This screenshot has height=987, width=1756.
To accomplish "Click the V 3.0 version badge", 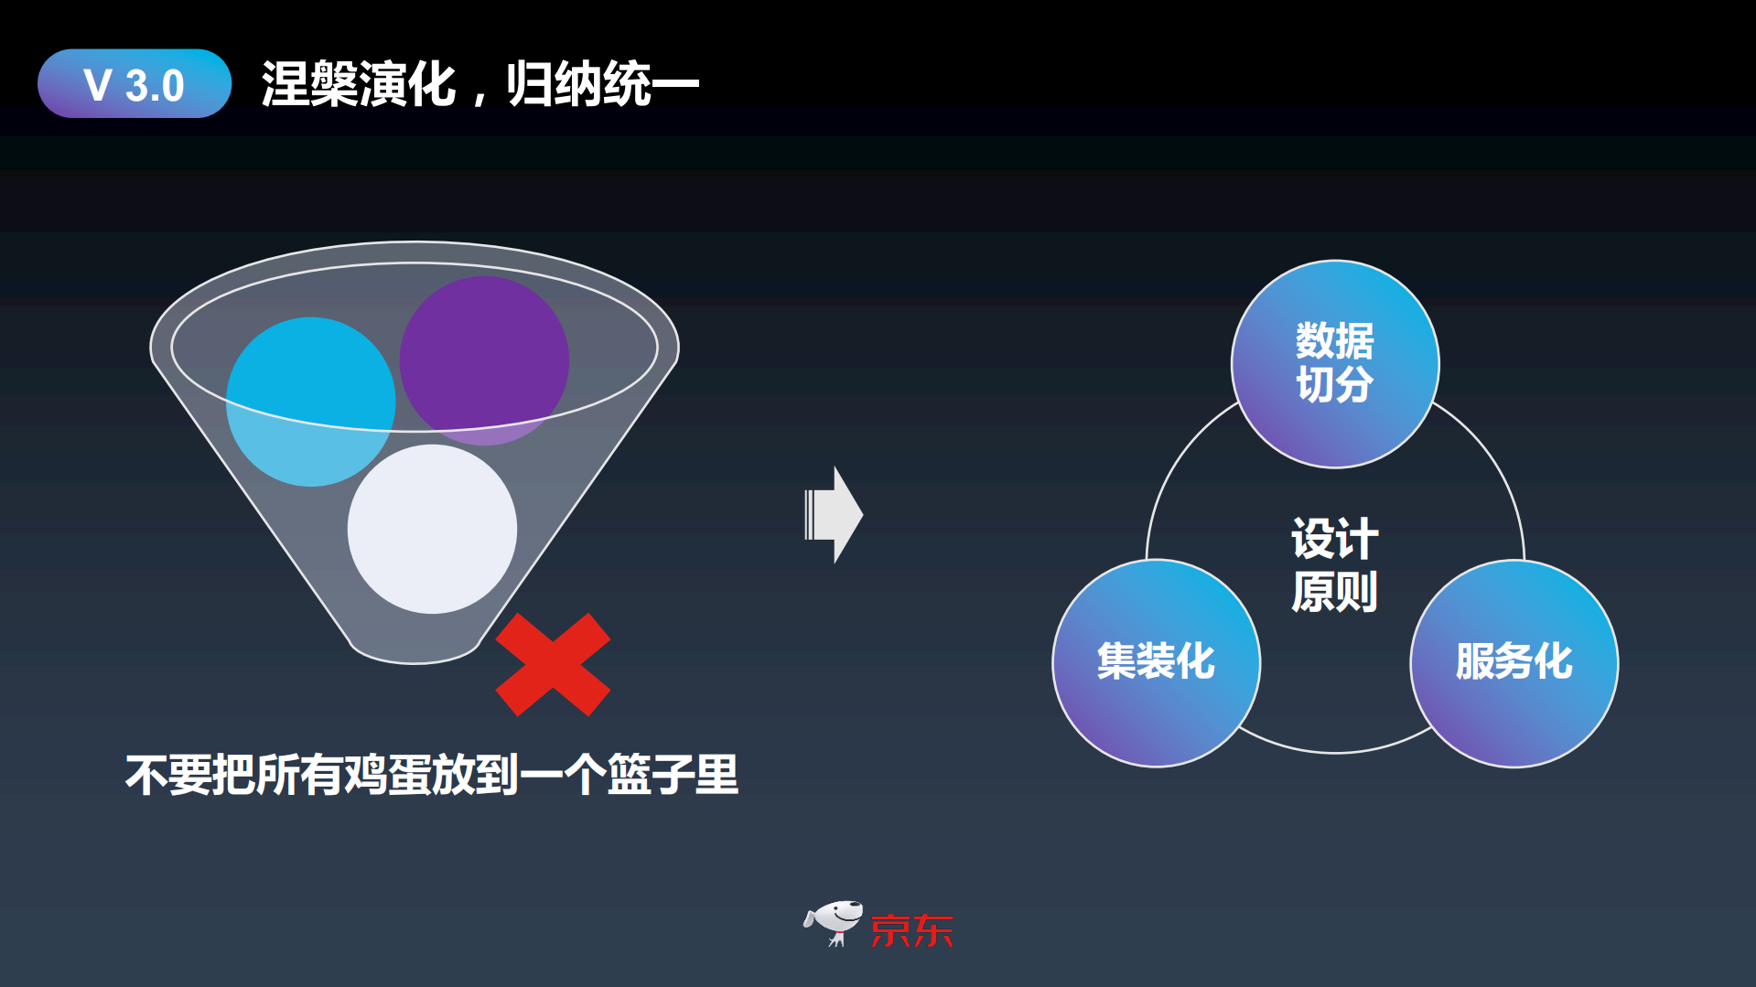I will point(135,84).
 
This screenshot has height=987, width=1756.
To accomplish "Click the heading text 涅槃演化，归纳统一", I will point(479,84).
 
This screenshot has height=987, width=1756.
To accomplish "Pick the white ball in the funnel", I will point(432,529).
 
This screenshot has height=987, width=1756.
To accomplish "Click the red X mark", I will point(553,664).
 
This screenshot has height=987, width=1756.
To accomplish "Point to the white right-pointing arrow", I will point(834,515).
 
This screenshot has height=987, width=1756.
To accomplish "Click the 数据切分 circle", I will point(1334,363).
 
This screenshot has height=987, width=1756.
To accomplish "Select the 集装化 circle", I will point(1156,662).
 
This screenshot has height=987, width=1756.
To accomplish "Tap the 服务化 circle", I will point(1514,662).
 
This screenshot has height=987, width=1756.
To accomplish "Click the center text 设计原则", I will point(1334,564).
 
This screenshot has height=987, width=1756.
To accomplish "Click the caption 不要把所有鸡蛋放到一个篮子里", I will point(432,775).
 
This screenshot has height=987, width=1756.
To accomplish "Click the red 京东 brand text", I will point(911,931).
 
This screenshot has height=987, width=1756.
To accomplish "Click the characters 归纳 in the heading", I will point(554,84).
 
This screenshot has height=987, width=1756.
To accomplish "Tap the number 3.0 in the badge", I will point(155,86).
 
